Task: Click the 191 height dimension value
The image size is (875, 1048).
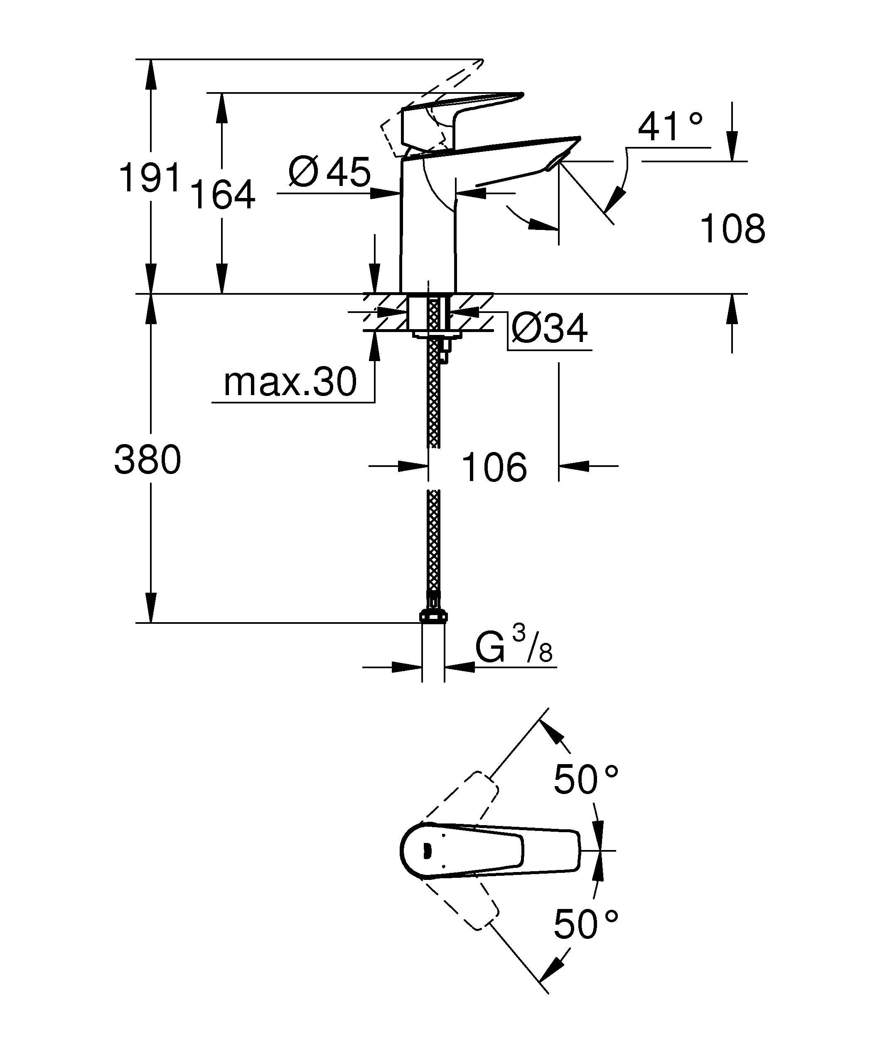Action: tap(149, 178)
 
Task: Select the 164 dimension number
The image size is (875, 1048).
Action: tap(223, 195)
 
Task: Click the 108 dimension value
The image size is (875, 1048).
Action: tap(732, 229)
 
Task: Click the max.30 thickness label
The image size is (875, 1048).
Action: tap(290, 382)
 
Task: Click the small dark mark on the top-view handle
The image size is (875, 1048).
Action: tap(427, 851)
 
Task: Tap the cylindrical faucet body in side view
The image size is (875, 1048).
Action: tap(428, 235)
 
